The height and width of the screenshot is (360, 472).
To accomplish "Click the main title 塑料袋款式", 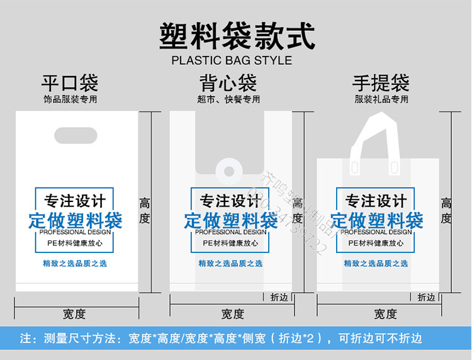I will [x=236, y=37].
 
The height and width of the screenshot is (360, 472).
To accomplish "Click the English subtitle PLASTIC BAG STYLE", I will [x=232, y=61].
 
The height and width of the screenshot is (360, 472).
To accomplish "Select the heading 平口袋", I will [x=70, y=83].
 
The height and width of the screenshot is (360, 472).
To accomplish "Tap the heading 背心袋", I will [x=228, y=83].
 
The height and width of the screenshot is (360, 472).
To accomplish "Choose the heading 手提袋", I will [x=381, y=83].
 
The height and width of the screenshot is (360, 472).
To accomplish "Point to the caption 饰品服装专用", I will [x=70, y=99].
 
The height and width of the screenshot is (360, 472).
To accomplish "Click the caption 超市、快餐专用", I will [x=228, y=99].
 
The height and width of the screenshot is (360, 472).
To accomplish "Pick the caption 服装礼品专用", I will [x=381, y=99].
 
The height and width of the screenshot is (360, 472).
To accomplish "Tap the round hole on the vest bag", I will [x=227, y=171].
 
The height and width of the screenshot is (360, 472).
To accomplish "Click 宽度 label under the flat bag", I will [x=74, y=313].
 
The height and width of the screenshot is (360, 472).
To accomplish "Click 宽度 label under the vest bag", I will [x=233, y=313].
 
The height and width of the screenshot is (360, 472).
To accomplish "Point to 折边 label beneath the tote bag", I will [x=426, y=297].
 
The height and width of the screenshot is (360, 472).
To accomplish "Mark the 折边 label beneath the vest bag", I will [x=279, y=297].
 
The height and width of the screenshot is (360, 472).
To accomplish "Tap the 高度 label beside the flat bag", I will [x=145, y=211].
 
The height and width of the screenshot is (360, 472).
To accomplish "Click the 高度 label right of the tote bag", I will [x=446, y=211].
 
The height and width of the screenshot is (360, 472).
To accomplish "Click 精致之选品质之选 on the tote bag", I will [x=376, y=263].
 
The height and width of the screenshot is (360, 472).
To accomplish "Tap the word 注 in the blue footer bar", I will [x=25, y=339].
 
